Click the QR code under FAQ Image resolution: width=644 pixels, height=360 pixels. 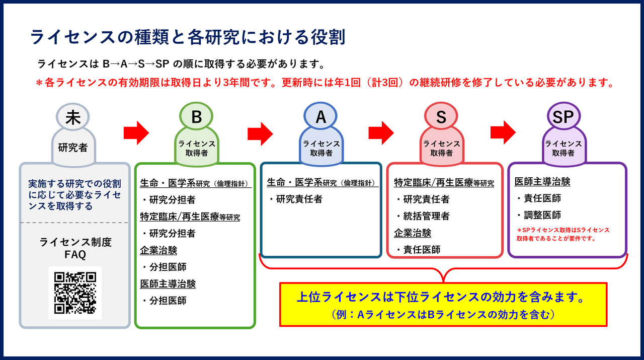point(75,293)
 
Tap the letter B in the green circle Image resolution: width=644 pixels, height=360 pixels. point(197,117)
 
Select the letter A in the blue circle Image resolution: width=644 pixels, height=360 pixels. point(321,117)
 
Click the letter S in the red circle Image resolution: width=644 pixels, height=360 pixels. point(441,117)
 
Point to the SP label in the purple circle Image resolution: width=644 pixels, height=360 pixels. point(563,117)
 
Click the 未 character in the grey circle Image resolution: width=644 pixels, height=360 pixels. point(73,117)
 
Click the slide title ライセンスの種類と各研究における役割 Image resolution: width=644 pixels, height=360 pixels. point(188,37)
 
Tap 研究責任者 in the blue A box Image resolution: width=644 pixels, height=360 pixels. point(297,199)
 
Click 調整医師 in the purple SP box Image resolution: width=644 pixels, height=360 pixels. point(541,215)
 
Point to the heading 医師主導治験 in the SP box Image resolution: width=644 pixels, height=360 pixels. point(542,182)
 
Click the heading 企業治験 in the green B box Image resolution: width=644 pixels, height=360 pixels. point(158,250)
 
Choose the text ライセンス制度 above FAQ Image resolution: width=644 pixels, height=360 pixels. point(75,242)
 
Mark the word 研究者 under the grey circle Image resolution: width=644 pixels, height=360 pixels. point(73,148)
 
